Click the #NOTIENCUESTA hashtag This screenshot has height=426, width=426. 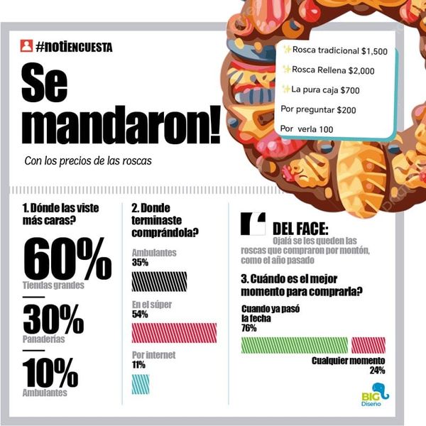pyautogui.click(x=74, y=47)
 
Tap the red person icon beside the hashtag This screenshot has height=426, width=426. pyautogui.click(x=26, y=47)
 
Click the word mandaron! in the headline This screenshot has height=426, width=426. pyautogui.click(x=121, y=126)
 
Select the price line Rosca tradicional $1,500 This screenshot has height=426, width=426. pyautogui.click(x=334, y=51)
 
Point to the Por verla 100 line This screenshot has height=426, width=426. pyautogui.click(x=311, y=129)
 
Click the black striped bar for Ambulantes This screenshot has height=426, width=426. pyautogui.click(x=160, y=281)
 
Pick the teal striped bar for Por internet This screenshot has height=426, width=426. pyautogui.click(x=141, y=383)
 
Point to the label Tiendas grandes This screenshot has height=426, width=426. pyautogui.click(x=53, y=285)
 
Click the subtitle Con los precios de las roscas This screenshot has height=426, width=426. pyautogui.click(x=88, y=162)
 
